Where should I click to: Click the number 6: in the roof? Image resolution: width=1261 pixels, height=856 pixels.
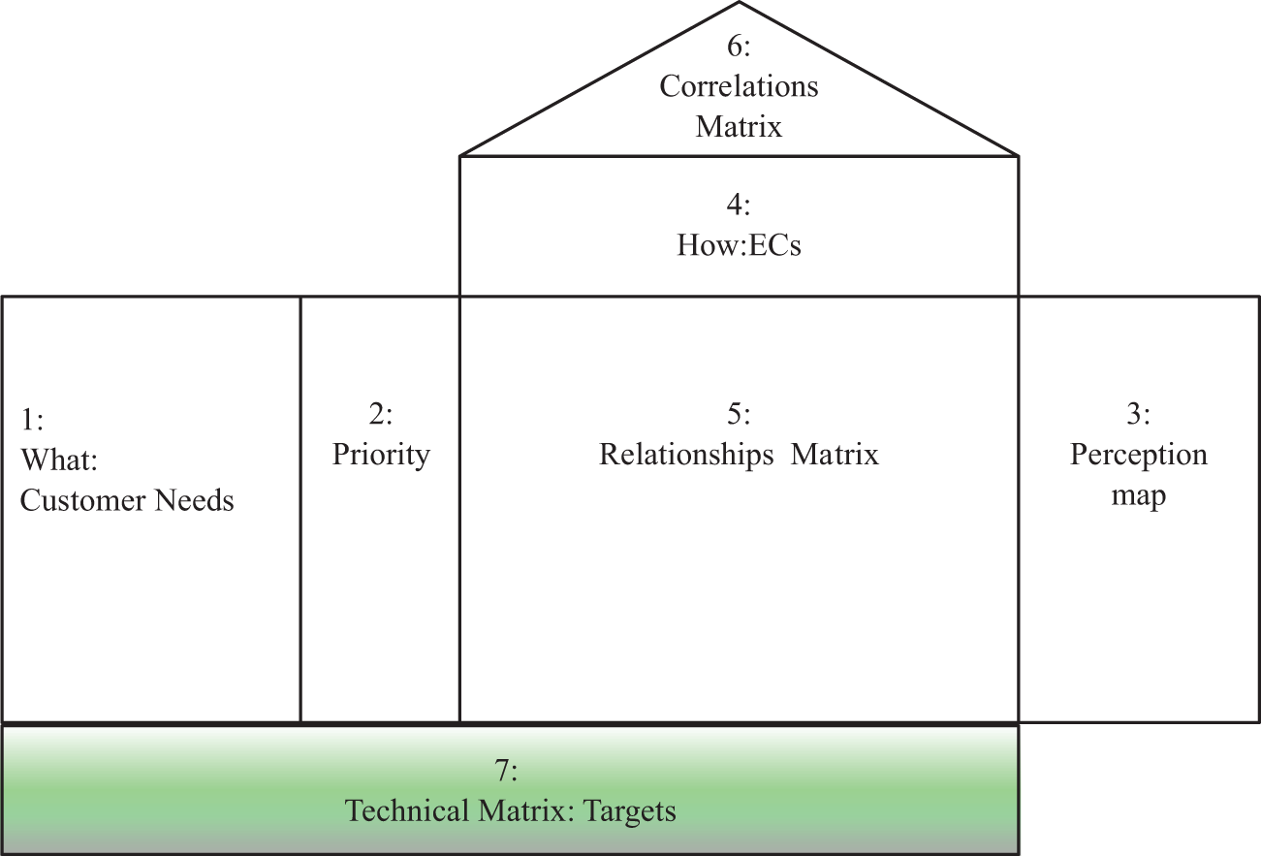739,47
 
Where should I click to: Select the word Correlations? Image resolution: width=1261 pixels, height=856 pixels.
739,86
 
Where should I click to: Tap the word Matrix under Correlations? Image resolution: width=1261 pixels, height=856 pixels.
739,126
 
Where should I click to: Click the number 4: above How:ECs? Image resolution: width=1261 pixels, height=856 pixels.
739,205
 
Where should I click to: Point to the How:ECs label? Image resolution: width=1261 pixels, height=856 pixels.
739,245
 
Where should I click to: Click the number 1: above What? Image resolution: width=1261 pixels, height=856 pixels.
32,420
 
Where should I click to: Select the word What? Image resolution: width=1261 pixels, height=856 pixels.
59,460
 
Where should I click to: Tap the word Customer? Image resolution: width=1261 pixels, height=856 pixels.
81,500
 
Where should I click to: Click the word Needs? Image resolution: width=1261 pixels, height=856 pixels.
194,500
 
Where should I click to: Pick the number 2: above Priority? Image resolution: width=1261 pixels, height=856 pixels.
381,415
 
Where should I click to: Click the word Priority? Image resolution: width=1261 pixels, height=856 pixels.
381,455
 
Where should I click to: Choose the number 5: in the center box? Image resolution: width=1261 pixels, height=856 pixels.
739,415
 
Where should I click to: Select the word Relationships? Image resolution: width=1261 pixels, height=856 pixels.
686,455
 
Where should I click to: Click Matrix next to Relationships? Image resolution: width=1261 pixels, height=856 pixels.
835,455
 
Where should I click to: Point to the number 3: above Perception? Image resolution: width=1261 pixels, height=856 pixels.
1138,415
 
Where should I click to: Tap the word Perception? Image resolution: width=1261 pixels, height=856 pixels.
1138,455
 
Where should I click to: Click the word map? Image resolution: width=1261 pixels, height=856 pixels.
1138,496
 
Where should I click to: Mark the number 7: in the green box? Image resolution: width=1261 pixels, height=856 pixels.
506,771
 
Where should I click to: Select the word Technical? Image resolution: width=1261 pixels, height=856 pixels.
407,811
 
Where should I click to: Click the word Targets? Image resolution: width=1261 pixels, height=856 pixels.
629,811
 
